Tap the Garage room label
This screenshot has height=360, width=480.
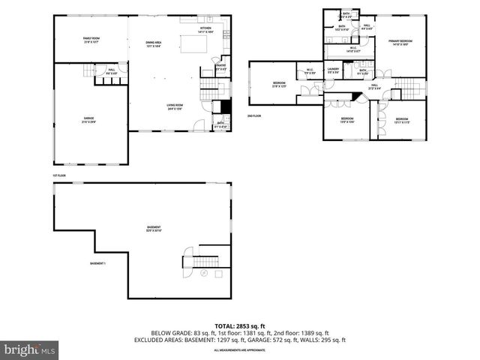88,120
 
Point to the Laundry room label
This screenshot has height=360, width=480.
334,71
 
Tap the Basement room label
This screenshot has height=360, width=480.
153,229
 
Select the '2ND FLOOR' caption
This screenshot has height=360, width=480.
254,116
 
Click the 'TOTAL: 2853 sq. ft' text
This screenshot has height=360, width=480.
240,326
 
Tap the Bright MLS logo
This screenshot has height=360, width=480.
30,349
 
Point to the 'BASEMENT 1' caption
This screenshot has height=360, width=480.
98,263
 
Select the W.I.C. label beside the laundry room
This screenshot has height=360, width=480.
310,72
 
